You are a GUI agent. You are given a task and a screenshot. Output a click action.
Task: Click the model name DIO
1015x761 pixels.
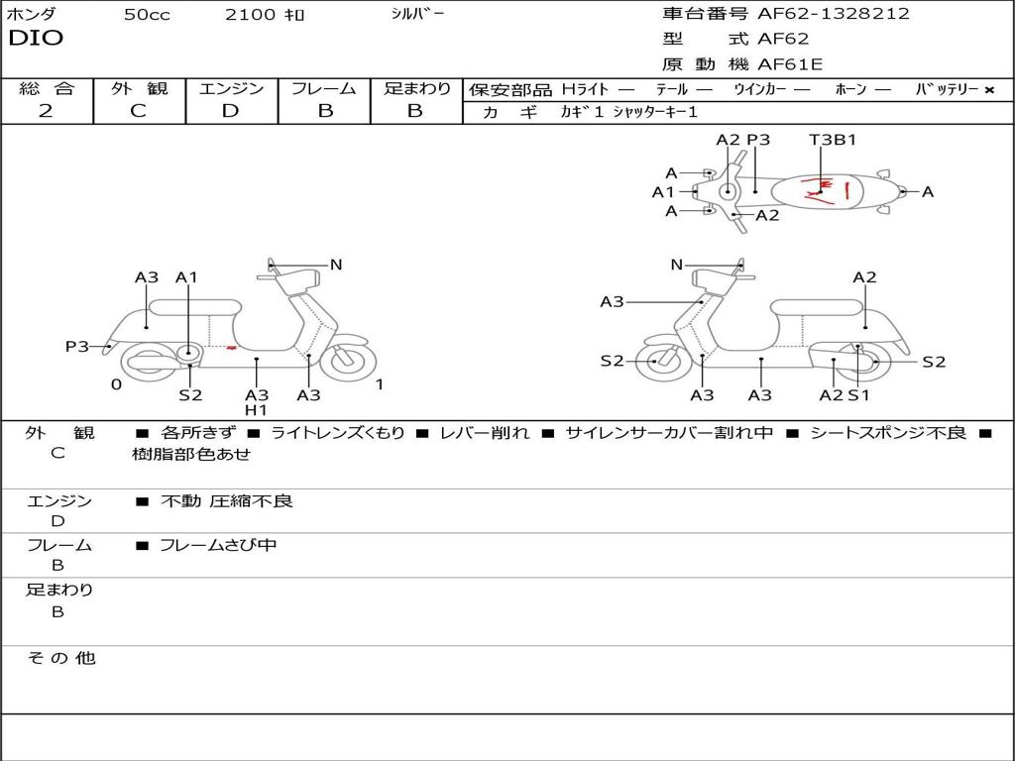tap(36, 39)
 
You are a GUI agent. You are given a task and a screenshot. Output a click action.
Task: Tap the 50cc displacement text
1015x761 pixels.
tap(147, 15)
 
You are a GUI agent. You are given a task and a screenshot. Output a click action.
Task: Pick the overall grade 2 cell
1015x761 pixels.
tap(46, 111)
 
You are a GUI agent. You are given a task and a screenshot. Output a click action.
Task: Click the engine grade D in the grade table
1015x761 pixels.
tap(230, 111)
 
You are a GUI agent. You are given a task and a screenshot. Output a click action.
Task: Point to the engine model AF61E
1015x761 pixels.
tap(790, 65)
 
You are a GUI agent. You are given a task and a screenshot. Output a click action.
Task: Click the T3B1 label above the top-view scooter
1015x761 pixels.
tap(833, 140)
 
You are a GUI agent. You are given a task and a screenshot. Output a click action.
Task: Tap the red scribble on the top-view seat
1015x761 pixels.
tap(825, 189)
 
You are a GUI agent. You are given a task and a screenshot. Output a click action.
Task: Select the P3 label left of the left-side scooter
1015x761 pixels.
tap(76, 347)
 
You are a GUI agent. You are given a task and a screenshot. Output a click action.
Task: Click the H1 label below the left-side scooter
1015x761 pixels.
tap(256, 410)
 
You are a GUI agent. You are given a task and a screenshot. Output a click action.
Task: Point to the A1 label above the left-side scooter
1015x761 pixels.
tap(186, 278)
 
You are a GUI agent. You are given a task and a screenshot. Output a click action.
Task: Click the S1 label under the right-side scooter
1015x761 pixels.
tap(858, 395)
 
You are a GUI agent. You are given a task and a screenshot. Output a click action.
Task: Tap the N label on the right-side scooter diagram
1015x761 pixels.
tap(676, 265)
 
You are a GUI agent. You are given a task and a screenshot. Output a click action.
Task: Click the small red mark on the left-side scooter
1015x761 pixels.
tap(231, 348)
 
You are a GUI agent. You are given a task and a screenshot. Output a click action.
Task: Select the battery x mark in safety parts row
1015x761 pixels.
tap(988, 90)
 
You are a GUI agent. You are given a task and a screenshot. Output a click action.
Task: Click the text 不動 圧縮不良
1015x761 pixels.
tap(227, 501)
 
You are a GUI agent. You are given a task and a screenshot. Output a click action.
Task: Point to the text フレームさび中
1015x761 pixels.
tap(218, 545)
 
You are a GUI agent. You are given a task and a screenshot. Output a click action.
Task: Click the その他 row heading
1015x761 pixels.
tap(60, 659)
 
